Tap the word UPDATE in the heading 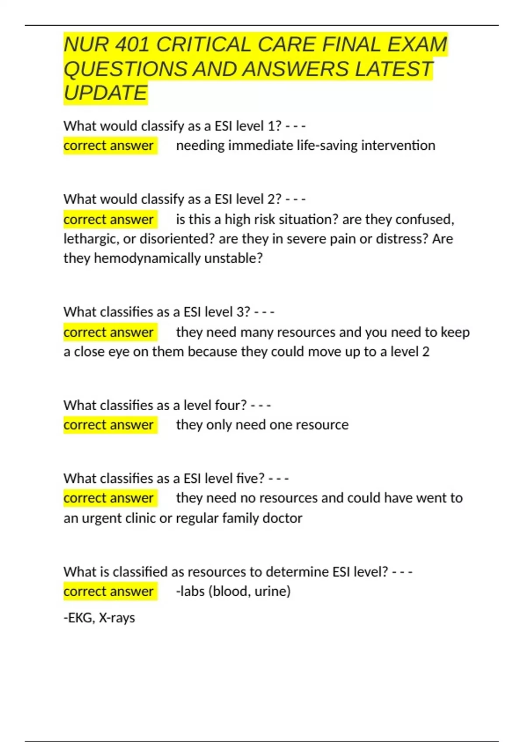tap(105, 93)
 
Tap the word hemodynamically tap(147, 258)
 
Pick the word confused tap(424, 219)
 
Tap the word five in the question tap(250, 478)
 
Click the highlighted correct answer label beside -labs tap(109, 591)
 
